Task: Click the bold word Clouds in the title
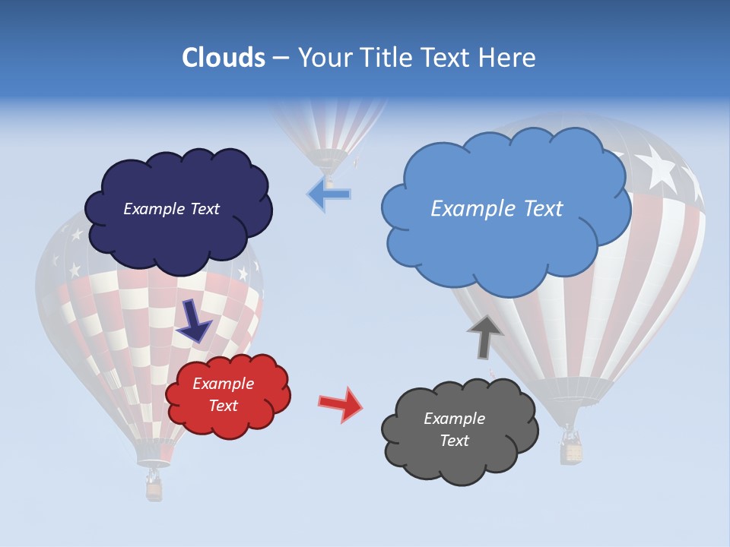point(223,58)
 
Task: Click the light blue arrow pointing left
point(329,194)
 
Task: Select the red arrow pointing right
point(341,403)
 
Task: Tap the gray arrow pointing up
point(485,336)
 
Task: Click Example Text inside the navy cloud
point(171,209)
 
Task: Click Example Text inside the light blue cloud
point(497,209)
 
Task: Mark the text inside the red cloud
point(223,394)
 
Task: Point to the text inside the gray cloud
point(454,429)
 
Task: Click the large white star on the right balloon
point(657,169)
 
